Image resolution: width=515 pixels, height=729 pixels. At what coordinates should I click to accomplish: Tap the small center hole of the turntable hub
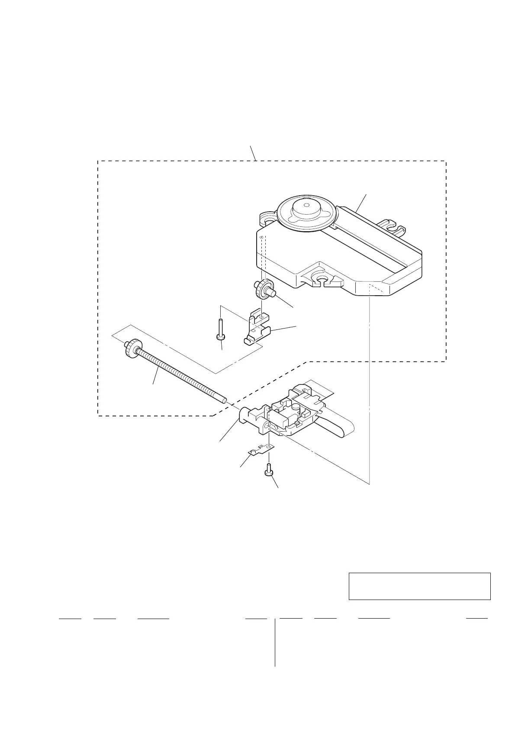click(x=306, y=205)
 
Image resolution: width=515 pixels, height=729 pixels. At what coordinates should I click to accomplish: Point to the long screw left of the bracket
click(x=221, y=329)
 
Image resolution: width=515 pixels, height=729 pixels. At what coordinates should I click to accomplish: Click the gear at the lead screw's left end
click(x=132, y=347)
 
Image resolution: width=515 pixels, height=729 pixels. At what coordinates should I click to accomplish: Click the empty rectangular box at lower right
click(x=419, y=586)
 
